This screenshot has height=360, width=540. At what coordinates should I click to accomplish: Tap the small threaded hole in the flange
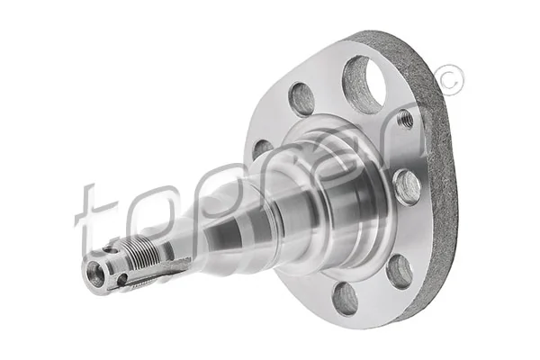click(x=406, y=119)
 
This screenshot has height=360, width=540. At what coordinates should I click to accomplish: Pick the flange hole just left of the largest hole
click(x=302, y=98)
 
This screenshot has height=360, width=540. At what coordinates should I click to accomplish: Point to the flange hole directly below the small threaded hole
click(x=407, y=187)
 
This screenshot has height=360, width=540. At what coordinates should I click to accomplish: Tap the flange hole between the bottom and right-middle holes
click(x=399, y=270)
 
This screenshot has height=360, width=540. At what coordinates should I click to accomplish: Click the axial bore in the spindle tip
click(x=96, y=274)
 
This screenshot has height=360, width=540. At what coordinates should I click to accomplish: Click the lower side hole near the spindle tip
click(x=121, y=280)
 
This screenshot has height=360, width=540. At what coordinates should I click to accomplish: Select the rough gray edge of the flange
click(x=441, y=180)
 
